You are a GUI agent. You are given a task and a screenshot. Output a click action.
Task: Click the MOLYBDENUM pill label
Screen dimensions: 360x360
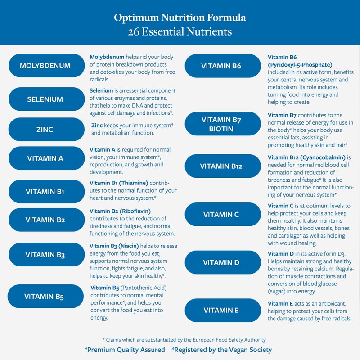click(x=45, y=66)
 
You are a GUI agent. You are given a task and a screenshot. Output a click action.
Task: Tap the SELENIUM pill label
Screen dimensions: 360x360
click(x=45, y=99)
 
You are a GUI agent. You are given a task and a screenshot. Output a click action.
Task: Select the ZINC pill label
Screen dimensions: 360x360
click(x=45, y=130)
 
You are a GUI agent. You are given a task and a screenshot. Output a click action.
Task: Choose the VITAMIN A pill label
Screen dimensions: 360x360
click(x=45, y=158)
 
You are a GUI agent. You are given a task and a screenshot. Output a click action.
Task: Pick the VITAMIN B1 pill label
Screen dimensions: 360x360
click(x=45, y=192)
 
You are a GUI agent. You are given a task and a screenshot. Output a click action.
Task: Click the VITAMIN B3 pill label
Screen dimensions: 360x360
click(x=45, y=255)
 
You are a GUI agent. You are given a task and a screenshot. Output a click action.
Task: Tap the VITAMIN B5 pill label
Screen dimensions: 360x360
click(x=44, y=297)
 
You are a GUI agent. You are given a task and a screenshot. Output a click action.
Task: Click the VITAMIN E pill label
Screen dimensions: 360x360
click(x=221, y=310)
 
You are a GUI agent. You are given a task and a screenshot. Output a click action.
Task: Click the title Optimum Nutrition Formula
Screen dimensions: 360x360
click(x=180, y=18)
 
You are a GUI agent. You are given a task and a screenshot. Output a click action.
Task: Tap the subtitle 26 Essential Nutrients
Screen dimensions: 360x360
click(x=180, y=32)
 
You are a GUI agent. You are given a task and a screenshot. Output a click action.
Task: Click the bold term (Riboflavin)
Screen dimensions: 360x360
click(x=135, y=211)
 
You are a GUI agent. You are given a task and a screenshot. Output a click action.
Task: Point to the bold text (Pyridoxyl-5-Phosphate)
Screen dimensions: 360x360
click(x=300, y=64)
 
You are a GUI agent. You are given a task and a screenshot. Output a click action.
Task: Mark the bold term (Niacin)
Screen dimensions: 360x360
click(x=130, y=246)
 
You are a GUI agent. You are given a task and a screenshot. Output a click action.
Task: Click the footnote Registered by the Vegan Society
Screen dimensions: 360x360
click(x=222, y=349)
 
